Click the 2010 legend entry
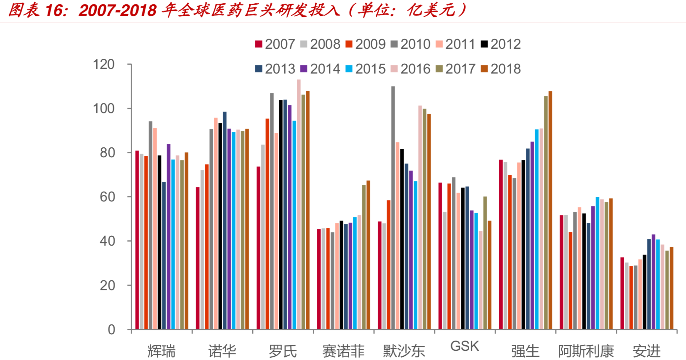(x=411, y=44)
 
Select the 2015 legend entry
(x=366, y=69)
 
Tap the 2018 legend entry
(x=501, y=69)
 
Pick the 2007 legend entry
(x=275, y=44)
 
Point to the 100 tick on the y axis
(x=104, y=108)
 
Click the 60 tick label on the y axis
(x=107, y=197)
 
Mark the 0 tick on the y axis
(x=111, y=329)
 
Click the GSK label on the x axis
(x=464, y=346)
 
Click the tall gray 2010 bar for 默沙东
(x=393, y=208)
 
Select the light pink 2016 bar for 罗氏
(x=299, y=204)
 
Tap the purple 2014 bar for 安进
(x=653, y=282)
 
